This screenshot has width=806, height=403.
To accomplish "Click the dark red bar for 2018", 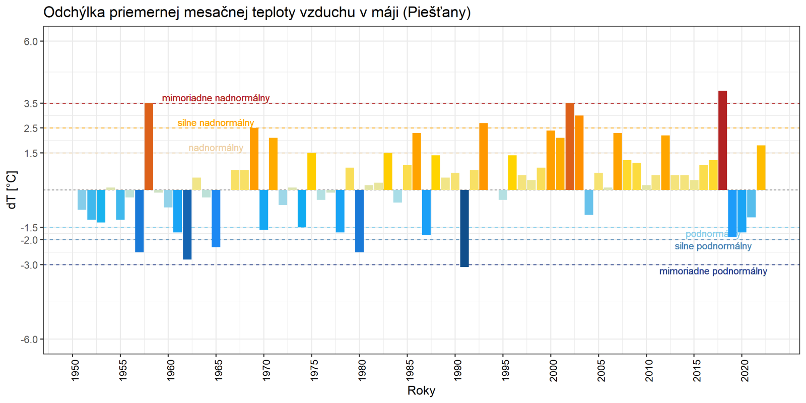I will (x=722, y=141).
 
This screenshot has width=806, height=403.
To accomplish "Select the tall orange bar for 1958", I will (x=149, y=147).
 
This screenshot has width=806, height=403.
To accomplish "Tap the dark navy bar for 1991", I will (x=464, y=228).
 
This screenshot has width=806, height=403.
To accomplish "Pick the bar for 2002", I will (x=570, y=147).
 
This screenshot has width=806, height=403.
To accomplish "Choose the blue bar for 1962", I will (x=187, y=225).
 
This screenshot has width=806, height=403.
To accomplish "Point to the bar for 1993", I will (x=484, y=157).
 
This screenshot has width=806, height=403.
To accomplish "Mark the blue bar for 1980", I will (x=359, y=221).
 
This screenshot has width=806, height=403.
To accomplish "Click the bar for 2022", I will (x=761, y=168).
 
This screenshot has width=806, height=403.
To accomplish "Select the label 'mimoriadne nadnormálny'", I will (x=216, y=98).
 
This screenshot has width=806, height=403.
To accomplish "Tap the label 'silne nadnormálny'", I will (x=216, y=123).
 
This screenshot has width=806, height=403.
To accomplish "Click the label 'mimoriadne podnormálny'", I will (x=713, y=272).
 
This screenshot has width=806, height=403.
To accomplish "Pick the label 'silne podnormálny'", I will (x=713, y=246).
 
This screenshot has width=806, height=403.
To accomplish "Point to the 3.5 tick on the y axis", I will (x=31, y=104).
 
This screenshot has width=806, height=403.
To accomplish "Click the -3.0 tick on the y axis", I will (x=30, y=265).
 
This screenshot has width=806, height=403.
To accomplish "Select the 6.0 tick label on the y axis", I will (x=31, y=42).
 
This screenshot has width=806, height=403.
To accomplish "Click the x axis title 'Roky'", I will (x=421, y=391).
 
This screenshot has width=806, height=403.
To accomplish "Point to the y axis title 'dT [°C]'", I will (x=12, y=190).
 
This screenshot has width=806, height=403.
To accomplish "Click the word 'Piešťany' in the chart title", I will (x=436, y=12).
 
